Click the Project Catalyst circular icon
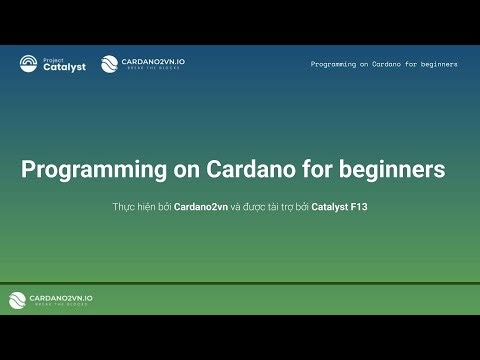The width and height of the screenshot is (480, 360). [29, 65]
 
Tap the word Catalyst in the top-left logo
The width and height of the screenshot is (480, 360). [62, 68]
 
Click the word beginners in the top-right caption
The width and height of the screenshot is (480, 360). [435, 64]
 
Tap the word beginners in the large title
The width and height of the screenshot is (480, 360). [385, 170]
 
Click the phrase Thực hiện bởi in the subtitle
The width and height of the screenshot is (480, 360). [142, 208]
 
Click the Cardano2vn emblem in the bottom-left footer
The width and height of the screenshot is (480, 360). [18, 300]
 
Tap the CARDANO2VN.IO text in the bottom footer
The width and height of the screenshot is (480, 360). [61, 297]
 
